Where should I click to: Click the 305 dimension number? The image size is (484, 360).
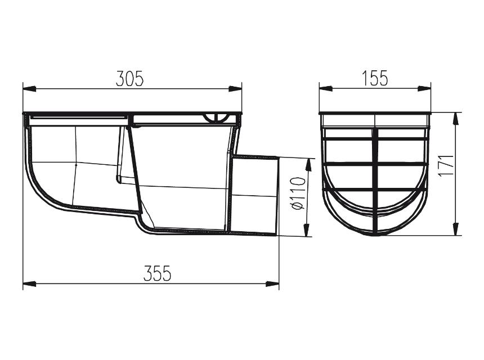(x=129, y=79)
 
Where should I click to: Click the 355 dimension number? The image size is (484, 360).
(x=157, y=273)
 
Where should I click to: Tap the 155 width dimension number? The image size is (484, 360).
(x=374, y=78)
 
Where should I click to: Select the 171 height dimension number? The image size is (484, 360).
(x=446, y=165)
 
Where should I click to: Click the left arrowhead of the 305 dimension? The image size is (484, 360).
(x=30, y=89)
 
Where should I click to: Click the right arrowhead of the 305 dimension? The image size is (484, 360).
(x=235, y=89)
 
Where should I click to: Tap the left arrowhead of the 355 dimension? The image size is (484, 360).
(x=30, y=283)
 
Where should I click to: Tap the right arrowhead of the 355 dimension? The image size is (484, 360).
(x=272, y=283)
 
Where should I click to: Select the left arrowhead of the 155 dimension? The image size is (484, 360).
(x=326, y=88)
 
